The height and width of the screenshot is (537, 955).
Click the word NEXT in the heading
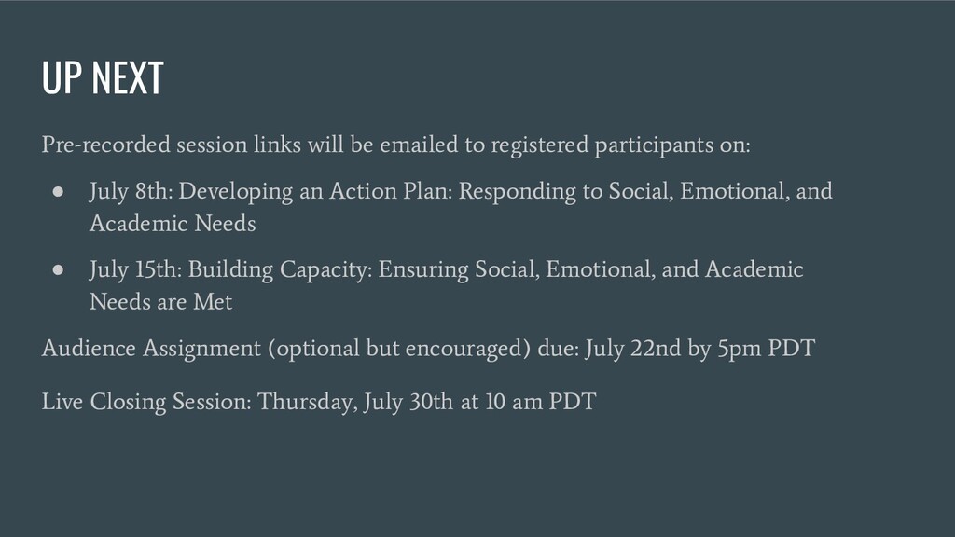pyautogui.click(x=127, y=78)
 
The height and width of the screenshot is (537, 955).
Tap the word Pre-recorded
pyautogui.click(x=106, y=145)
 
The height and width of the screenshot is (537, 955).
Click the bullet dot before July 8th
pyautogui.click(x=59, y=192)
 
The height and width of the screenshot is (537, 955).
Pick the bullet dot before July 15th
pyautogui.click(x=59, y=269)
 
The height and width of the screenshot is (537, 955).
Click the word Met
pyautogui.click(x=213, y=302)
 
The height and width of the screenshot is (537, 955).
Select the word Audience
pyautogui.click(x=89, y=349)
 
